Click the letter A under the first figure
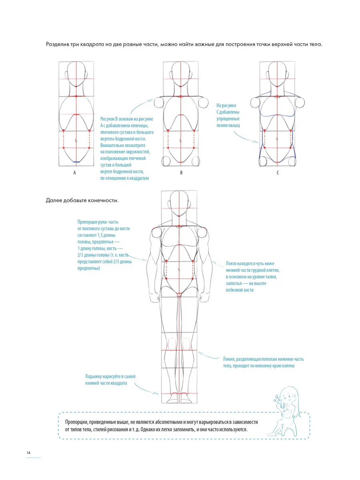tap(74, 173)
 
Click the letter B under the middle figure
tap(181, 173)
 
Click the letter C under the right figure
tap(278, 173)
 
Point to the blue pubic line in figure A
tap(76, 162)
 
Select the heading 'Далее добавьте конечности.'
tap(82, 200)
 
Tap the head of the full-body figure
tap(179, 203)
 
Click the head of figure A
tap(76, 74)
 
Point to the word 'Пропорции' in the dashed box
tap(76, 422)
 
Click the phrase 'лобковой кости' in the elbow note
tap(240, 290)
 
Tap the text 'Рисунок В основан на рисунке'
tap(127, 119)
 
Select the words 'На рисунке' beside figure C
tap(226, 106)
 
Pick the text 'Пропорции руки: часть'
tap(98, 222)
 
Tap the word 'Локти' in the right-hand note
tap(231, 264)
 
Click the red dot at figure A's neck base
tap(76, 96)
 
